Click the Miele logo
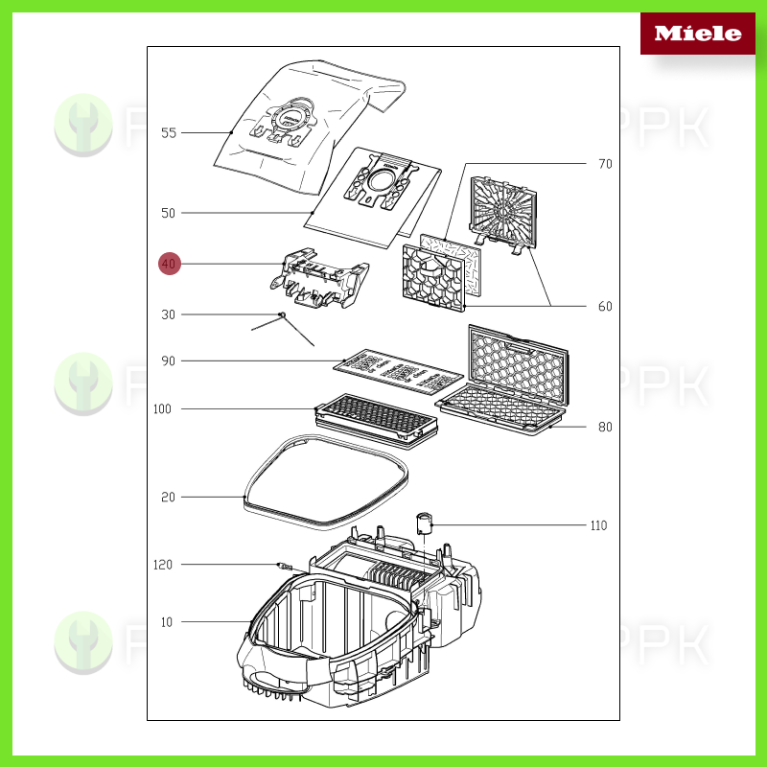pyautogui.click(x=697, y=34)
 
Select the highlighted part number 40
pyautogui.click(x=170, y=264)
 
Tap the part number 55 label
pyautogui.click(x=169, y=133)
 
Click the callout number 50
pyautogui.click(x=169, y=213)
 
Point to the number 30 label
pyautogui.click(x=169, y=314)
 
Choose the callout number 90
pyautogui.click(x=169, y=361)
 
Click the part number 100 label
pyautogui.click(x=162, y=409)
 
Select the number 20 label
pyautogui.click(x=169, y=497)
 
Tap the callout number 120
pyautogui.click(x=163, y=565)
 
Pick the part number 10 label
pyautogui.click(x=167, y=622)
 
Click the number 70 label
pyautogui.click(x=605, y=164)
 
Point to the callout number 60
pyautogui.click(x=605, y=307)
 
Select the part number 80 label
pyautogui.click(x=605, y=428)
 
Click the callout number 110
pyautogui.click(x=599, y=525)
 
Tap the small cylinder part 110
pyautogui.click(x=426, y=523)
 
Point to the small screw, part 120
pyautogui.click(x=283, y=567)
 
